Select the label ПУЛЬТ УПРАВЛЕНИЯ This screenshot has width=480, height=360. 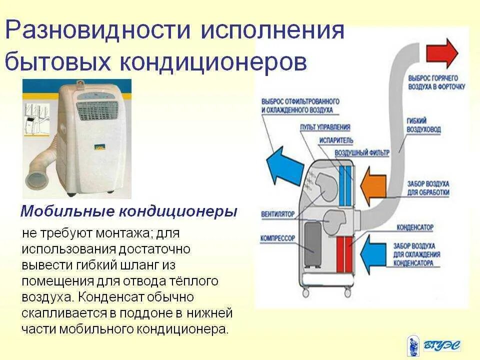[325, 127]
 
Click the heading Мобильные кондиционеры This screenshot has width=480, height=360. [128, 211]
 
